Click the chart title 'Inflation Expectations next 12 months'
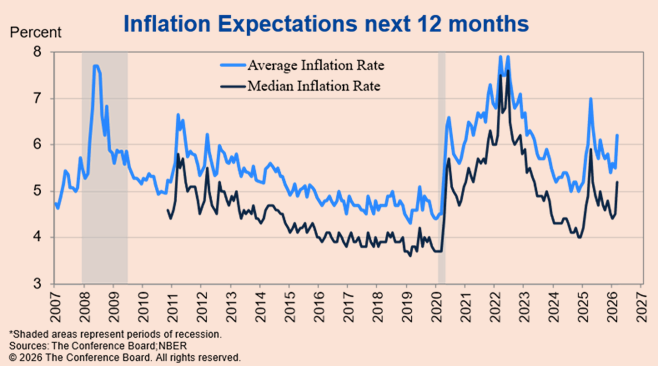[x=326, y=24]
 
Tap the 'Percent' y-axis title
[x=35, y=33]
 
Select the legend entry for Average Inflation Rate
[x=316, y=65]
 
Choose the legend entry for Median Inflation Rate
[x=314, y=86]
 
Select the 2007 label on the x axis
[x=55, y=307]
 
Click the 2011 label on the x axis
[x=173, y=307]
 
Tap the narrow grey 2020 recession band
[x=441, y=163]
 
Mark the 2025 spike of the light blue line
[x=591, y=99]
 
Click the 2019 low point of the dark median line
[x=410, y=256]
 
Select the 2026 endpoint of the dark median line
[x=617, y=182]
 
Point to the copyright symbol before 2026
[x=13, y=358]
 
